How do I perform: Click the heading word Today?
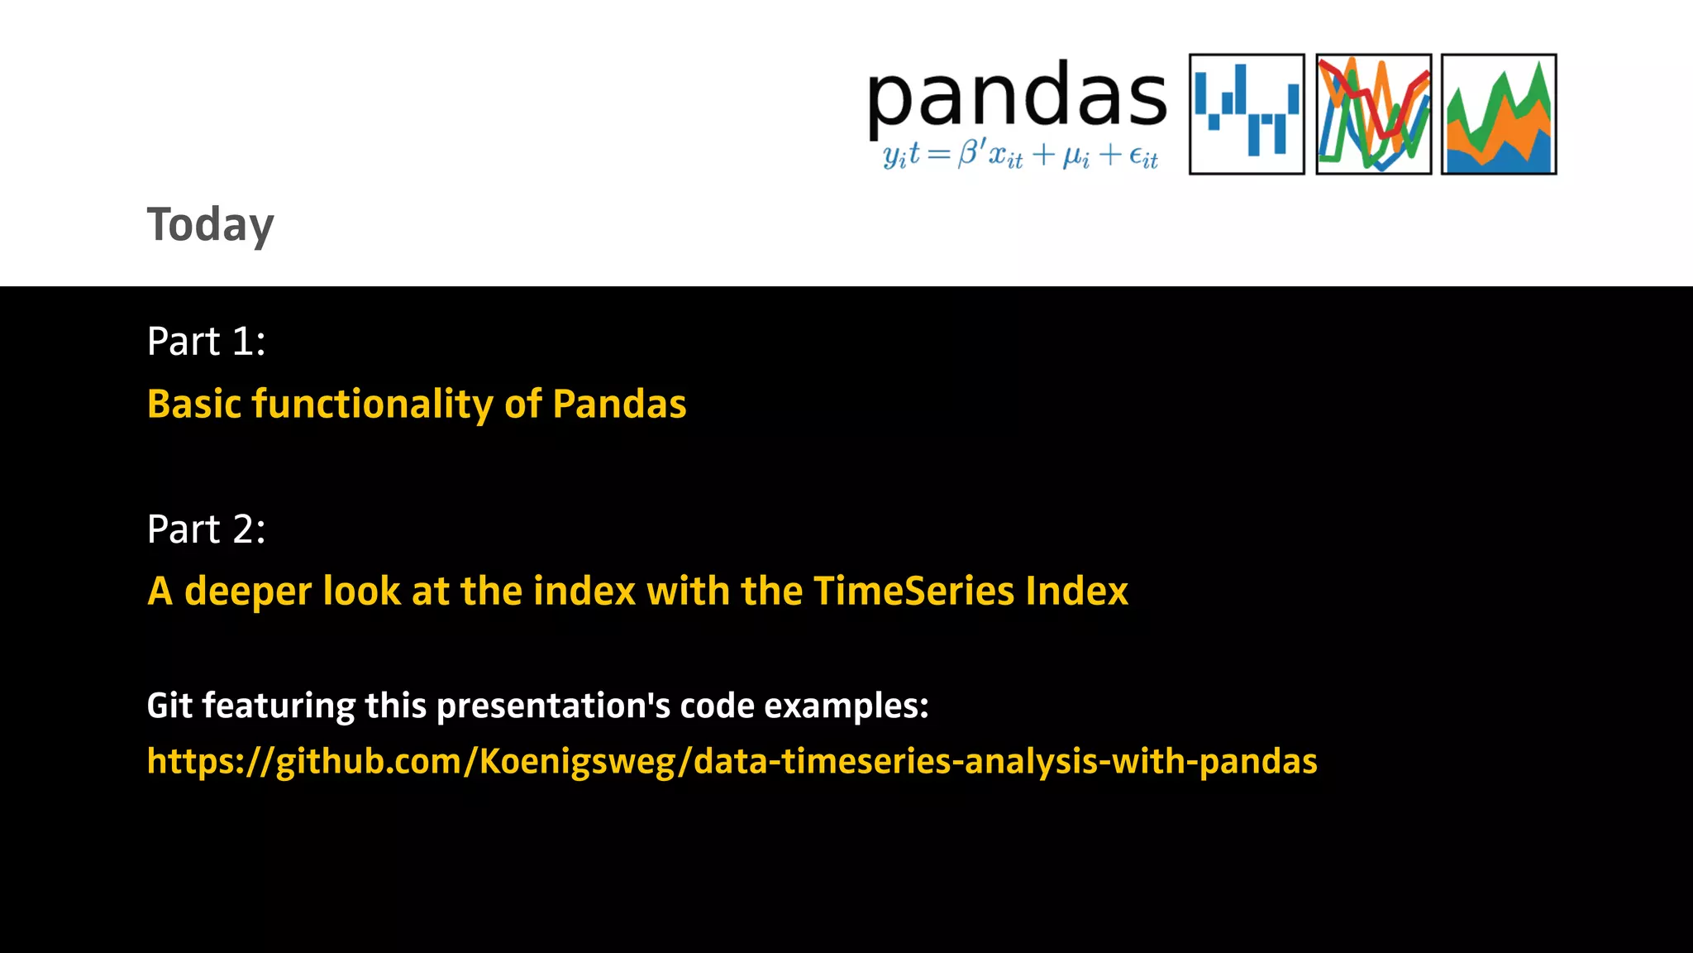tap(210, 225)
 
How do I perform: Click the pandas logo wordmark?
tap(1017, 98)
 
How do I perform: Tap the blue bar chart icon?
tap(1247, 114)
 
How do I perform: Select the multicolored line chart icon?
tap(1373, 114)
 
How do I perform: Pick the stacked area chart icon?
tap(1499, 114)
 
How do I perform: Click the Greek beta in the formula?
tap(967, 154)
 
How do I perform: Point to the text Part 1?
tap(206, 341)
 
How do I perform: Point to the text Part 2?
tap(206, 529)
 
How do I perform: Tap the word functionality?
tap(372, 405)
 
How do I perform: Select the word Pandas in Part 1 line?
tap(619, 405)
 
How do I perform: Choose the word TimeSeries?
tap(913, 592)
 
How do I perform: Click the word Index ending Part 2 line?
tap(1076, 592)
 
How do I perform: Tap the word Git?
tap(169, 706)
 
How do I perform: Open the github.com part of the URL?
tap(368, 761)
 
